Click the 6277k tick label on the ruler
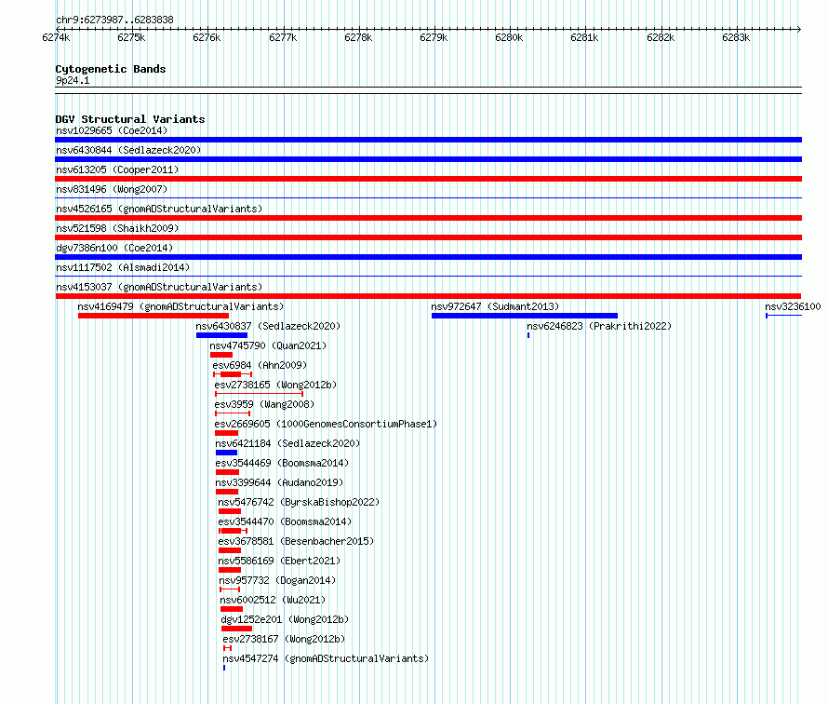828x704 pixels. (283, 37)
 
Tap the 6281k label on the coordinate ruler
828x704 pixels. (584, 37)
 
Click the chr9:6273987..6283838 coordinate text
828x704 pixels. (114, 20)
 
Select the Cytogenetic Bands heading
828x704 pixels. (111, 69)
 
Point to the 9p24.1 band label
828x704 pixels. (73, 80)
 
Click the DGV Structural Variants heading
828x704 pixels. (130, 119)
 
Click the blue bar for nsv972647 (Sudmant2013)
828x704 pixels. (525, 316)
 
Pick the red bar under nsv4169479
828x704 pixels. (154, 316)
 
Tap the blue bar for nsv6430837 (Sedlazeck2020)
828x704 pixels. (221, 335)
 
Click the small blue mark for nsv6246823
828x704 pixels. (528, 335)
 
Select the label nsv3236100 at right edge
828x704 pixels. (793, 306)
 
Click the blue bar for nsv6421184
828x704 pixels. (227, 453)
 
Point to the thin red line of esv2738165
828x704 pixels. (259, 394)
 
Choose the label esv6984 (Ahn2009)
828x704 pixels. (260, 365)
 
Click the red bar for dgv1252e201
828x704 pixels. (236, 629)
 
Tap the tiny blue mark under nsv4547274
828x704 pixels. (224, 668)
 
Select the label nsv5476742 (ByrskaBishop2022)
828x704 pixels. (299, 502)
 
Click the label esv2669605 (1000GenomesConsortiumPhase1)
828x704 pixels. (326, 424)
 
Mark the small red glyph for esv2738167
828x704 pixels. (228, 648)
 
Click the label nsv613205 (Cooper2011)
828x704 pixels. (117, 169)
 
